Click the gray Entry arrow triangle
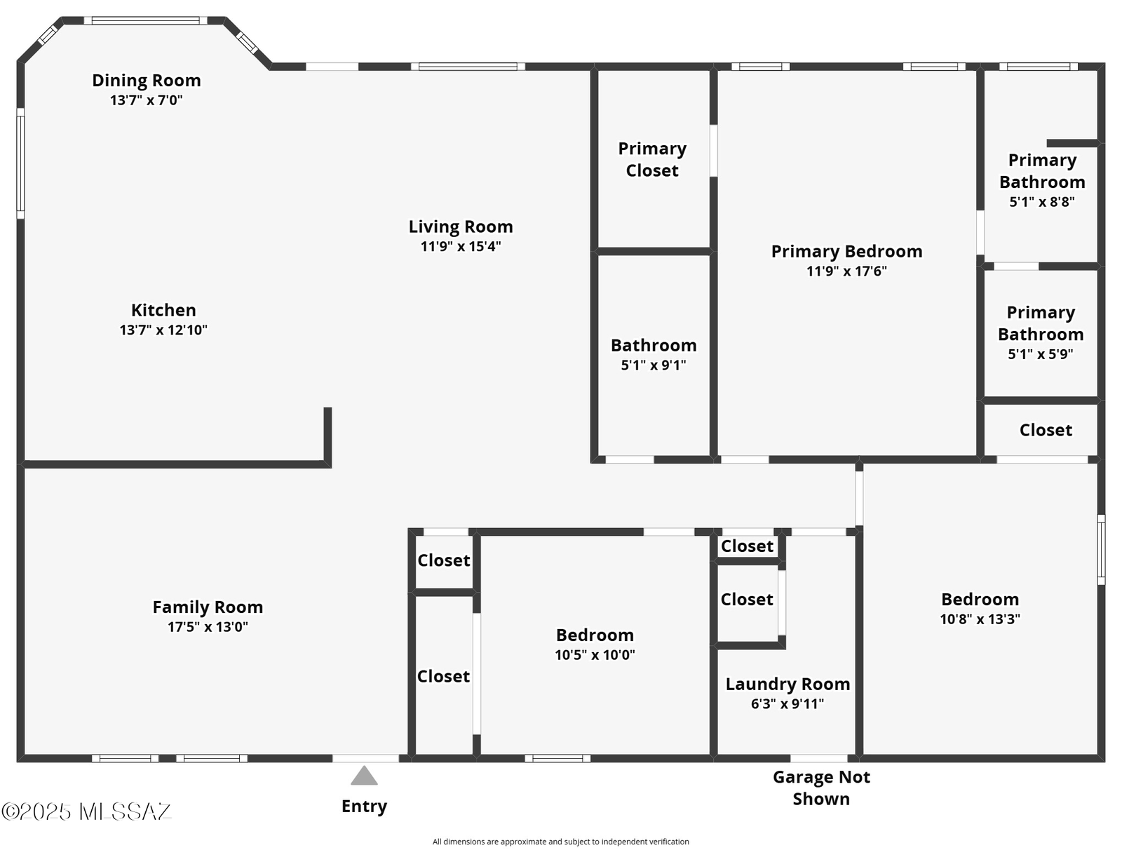364,776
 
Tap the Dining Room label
146,80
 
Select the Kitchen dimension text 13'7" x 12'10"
163,330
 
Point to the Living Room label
461,227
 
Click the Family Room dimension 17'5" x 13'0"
208,627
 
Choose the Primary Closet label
652,159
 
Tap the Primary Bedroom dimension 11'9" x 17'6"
846,271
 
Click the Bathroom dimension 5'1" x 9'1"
654,365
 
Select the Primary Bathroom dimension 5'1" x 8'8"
1042,202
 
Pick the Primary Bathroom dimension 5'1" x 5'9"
1040,354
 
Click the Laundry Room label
788,684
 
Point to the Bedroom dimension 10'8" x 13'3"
980,619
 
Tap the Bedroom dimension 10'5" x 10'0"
595,655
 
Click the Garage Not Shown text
821,788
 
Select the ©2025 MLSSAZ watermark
86,811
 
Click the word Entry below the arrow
364,806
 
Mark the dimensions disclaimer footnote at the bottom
561,842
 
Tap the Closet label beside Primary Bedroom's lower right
1046,430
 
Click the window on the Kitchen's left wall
20,163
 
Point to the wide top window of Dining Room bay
146,20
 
